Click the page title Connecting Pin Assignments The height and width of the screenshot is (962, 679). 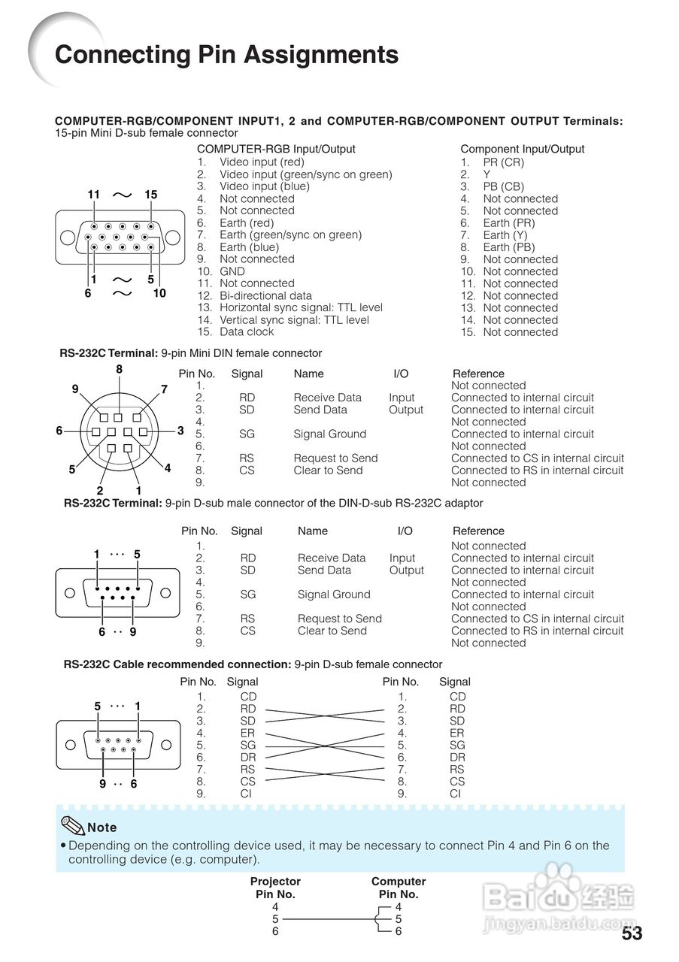pyautogui.click(x=226, y=55)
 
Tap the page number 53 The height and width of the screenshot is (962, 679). pyautogui.click(x=632, y=933)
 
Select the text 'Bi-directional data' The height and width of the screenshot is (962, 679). pyautogui.click(x=265, y=295)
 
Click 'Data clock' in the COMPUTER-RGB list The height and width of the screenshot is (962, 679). pyautogui.click(x=247, y=331)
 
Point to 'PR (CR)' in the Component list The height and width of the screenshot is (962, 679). pyautogui.click(x=503, y=162)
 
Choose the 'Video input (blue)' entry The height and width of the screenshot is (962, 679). pyautogui.click(x=264, y=186)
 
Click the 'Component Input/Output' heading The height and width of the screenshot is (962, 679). pyautogui.click(x=522, y=149)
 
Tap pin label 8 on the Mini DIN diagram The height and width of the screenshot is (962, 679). pyautogui.click(x=119, y=369)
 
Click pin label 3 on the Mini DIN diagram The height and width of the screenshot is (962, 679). pyautogui.click(x=180, y=431)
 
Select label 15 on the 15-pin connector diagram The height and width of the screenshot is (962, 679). pyautogui.click(x=150, y=195)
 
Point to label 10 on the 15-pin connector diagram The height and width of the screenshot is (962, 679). pyautogui.click(x=159, y=293)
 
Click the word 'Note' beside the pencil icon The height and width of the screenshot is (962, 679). pyautogui.click(x=102, y=827)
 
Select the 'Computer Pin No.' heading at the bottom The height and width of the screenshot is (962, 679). pyautogui.click(x=399, y=888)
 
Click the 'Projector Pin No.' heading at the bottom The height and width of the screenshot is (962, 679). pyautogui.click(x=275, y=888)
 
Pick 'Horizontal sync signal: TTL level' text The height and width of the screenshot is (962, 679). pyautogui.click(x=301, y=307)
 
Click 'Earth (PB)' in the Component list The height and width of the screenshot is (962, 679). pyautogui.click(x=509, y=247)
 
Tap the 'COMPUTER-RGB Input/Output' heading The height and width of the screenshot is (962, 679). pyautogui.click(x=276, y=149)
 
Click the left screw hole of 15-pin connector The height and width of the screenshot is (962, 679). pyautogui.click(x=66, y=237)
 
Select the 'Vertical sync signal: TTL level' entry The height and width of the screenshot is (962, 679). pyautogui.click(x=294, y=319)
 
